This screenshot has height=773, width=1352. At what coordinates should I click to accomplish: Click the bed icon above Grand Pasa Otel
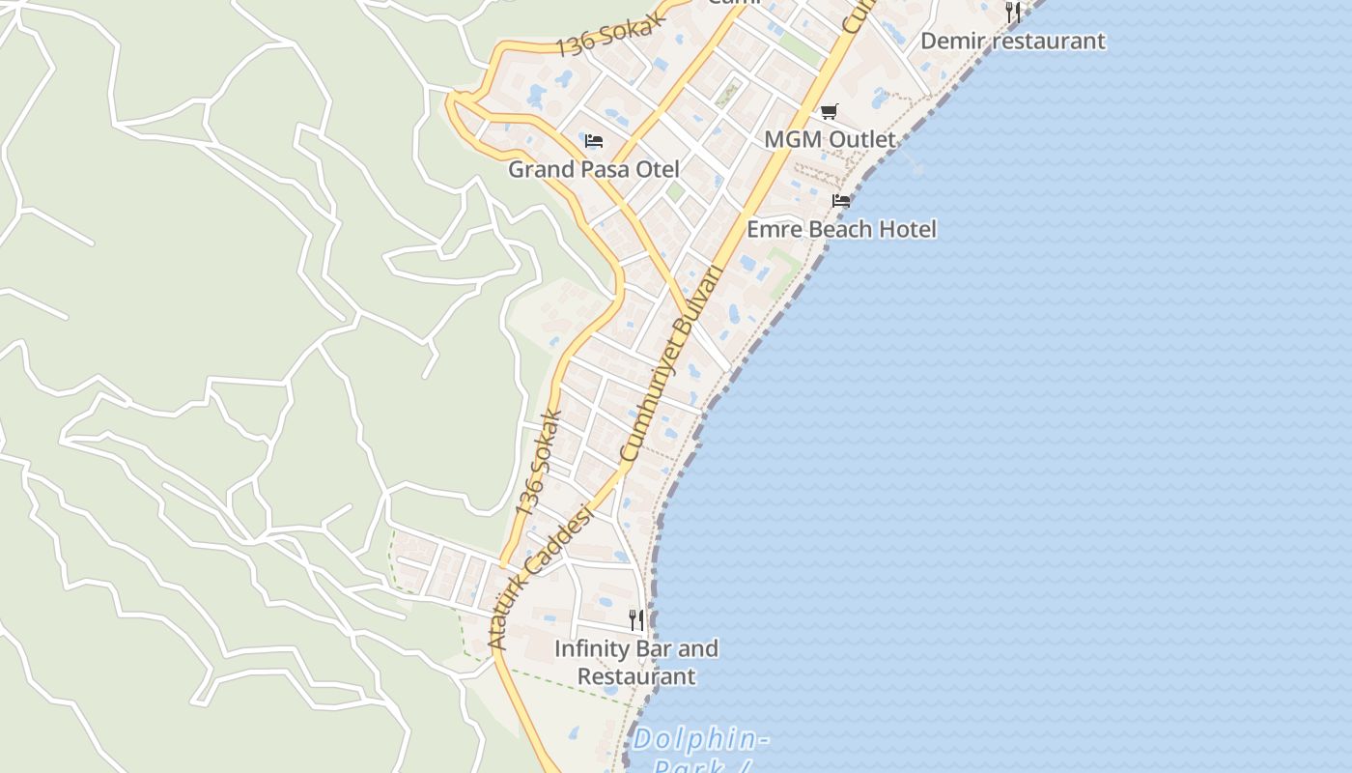[594, 141]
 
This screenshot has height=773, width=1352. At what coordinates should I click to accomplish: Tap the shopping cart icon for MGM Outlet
[830, 111]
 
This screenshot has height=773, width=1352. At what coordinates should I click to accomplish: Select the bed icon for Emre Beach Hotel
[841, 201]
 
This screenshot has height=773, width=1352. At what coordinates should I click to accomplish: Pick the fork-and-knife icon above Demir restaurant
[1013, 12]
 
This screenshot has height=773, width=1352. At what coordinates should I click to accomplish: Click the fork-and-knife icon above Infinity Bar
[636, 619]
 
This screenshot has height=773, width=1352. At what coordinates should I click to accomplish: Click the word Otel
[657, 169]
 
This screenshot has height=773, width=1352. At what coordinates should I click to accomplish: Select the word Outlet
[859, 139]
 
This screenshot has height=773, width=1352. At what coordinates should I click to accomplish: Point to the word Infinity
[591, 648]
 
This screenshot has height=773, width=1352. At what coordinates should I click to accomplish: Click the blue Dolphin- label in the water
[700, 740]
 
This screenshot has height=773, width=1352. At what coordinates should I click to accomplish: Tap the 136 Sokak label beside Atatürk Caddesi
[539, 463]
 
